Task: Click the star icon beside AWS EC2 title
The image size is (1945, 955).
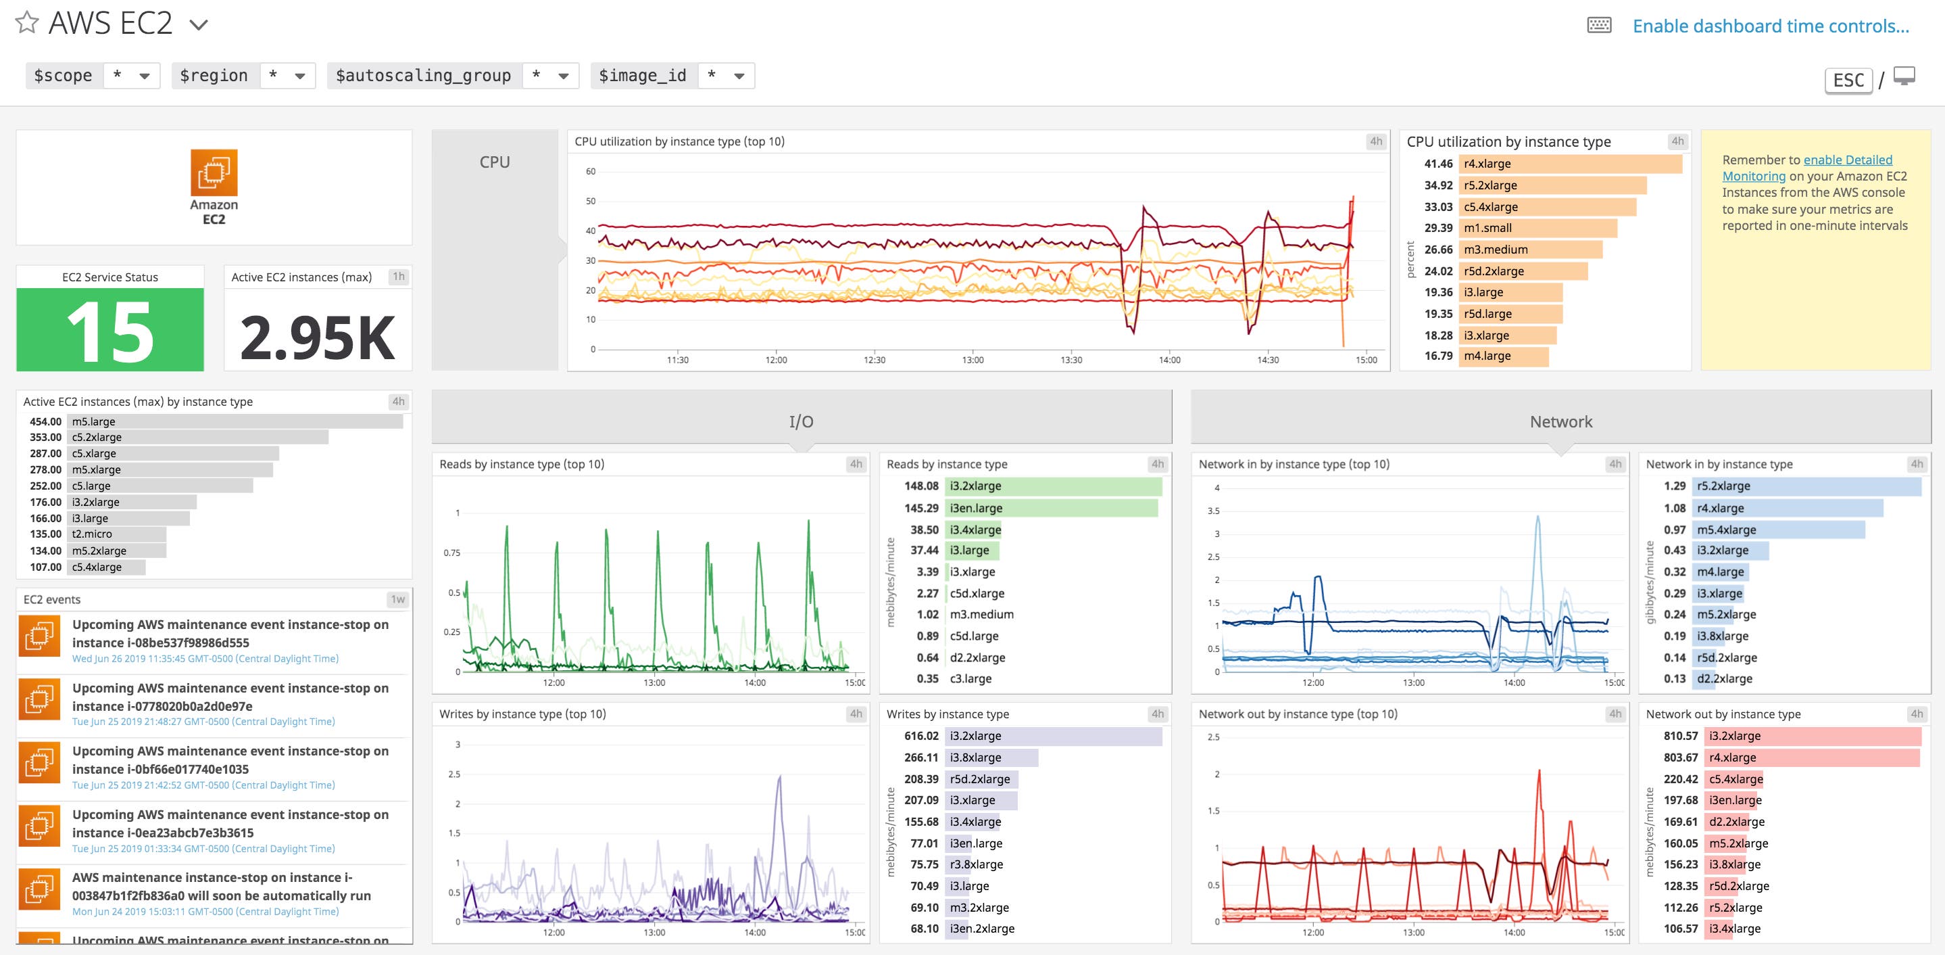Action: (x=27, y=23)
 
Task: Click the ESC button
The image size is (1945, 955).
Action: (x=1848, y=80)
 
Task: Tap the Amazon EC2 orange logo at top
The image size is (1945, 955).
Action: (x=214, y=173)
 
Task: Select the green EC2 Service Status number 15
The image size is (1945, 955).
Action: (x=110, y=330)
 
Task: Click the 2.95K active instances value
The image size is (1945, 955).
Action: (x=317, y=337)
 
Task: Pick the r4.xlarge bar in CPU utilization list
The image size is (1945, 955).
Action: (x=1571, y=164)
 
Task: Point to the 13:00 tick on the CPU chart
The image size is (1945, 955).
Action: (x=972, y=360)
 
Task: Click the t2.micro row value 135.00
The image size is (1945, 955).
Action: (x=45, y=534)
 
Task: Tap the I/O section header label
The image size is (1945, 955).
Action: (x=801, y=421)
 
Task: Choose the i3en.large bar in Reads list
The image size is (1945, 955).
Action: (x=1051, y=509)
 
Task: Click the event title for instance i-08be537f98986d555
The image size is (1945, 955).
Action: (x=230, y=633)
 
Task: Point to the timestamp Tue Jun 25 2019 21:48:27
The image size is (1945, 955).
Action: (x=203, y=722)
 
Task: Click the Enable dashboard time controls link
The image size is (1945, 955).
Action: (x=1771, y=26)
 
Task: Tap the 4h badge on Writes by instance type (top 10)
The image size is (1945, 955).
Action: (x=856, y=714)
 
